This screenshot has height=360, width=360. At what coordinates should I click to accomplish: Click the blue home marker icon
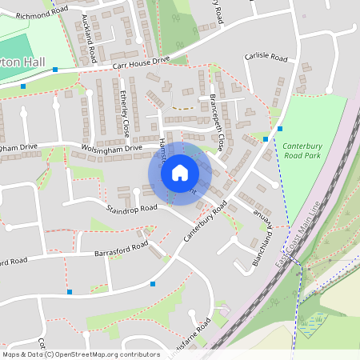click(x=180, y=173)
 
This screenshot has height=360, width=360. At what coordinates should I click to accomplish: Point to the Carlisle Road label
click(x=266, y=58)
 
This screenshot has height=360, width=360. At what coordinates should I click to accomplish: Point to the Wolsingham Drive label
click(x=111, y=148)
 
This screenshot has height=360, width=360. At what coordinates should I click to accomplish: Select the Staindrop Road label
click(x=132, y=209)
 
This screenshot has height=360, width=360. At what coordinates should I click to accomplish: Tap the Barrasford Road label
click(x=116, y=248)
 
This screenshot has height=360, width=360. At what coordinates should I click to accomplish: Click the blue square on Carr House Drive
click(x=54, y=70)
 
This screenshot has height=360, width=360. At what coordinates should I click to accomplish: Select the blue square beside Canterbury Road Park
click(x=281, y=128)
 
